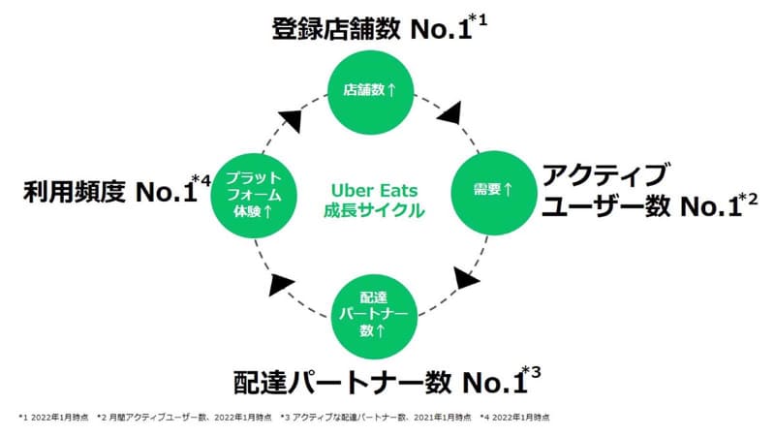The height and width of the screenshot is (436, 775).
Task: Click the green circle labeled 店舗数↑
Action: [x=371, y=92]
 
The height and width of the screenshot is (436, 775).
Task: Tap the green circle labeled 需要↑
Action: [x=494, y=193]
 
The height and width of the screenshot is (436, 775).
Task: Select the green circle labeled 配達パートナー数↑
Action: [x=374, y=317]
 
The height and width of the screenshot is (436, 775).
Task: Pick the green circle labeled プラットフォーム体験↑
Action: [x=254, y=196]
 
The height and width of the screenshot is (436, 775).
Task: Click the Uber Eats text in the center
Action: [x=374, y=190]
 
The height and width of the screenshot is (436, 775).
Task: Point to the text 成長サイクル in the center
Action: [x=374, y=210]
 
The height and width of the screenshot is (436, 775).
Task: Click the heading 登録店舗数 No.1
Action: [x=372, y=29]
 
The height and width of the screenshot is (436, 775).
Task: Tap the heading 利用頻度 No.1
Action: [x=110, y=192]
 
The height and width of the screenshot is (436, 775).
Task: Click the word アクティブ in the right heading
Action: [x=604, y=174]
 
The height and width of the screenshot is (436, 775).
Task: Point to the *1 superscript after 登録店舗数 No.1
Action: [x=478, y=20]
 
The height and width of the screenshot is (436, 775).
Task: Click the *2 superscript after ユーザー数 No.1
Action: [x=748, y=200]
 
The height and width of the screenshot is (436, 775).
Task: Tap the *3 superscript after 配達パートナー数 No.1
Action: [x=532, y=372]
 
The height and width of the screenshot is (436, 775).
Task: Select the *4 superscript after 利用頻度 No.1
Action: [x=201, y=181]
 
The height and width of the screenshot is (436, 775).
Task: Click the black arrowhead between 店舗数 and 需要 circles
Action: [x=450, y=113]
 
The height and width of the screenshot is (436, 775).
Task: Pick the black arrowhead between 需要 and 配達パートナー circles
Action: [x=465, y=279]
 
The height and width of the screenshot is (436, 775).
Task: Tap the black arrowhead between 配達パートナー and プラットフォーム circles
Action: [x=280, y=284]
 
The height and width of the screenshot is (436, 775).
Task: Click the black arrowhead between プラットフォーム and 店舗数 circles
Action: [x=292, y=120]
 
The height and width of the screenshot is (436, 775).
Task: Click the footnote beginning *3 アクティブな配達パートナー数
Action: [x=376, y=418]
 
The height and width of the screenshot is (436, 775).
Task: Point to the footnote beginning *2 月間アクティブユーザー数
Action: [x=184, y=418]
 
